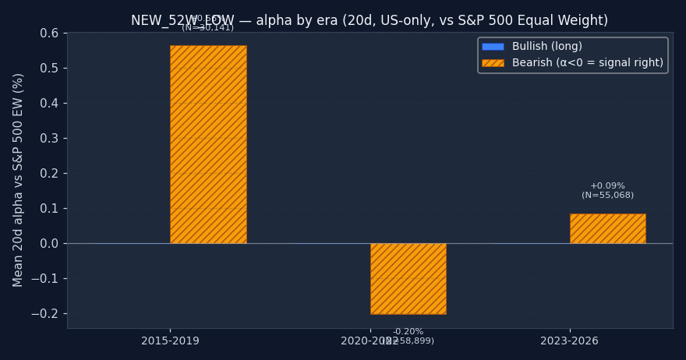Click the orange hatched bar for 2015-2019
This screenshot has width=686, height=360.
click(x=208, y=144)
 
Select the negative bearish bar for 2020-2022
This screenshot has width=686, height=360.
click(x=408, y=278)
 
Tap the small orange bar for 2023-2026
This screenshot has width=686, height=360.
click(x=607, y=228)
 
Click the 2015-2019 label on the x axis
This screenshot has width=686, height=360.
click(x=170, y=341)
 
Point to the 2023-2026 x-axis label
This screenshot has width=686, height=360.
click(x=569, y=341)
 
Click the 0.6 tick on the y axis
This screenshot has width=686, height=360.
click(x=49, y=34)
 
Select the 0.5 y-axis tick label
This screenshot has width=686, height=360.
click(x=49, y=69)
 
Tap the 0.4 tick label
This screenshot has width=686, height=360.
click(x=49, y=104)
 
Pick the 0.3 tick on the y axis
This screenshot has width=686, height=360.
click(x=49, y=139)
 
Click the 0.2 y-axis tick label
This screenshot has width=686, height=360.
click(x=49, y=174)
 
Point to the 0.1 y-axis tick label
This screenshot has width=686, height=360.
click(x=49, y=209)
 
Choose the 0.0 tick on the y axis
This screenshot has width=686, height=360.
click(x=49, y=244)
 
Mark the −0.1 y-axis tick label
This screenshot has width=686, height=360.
click(x=46, y=279)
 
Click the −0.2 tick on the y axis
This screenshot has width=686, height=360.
click(x=46, y=314)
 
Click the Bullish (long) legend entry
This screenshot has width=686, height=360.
click(x=546, y=47)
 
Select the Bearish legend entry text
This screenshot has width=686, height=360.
click(x=587, y=63)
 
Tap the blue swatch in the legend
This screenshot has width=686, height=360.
click(x=493, y=47)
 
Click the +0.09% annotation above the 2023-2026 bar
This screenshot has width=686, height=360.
click(x=607, y=186)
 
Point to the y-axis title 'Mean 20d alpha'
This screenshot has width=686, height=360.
click(x=19, y=179)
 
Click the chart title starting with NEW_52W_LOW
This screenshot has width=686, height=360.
click(x=370, y=21)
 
